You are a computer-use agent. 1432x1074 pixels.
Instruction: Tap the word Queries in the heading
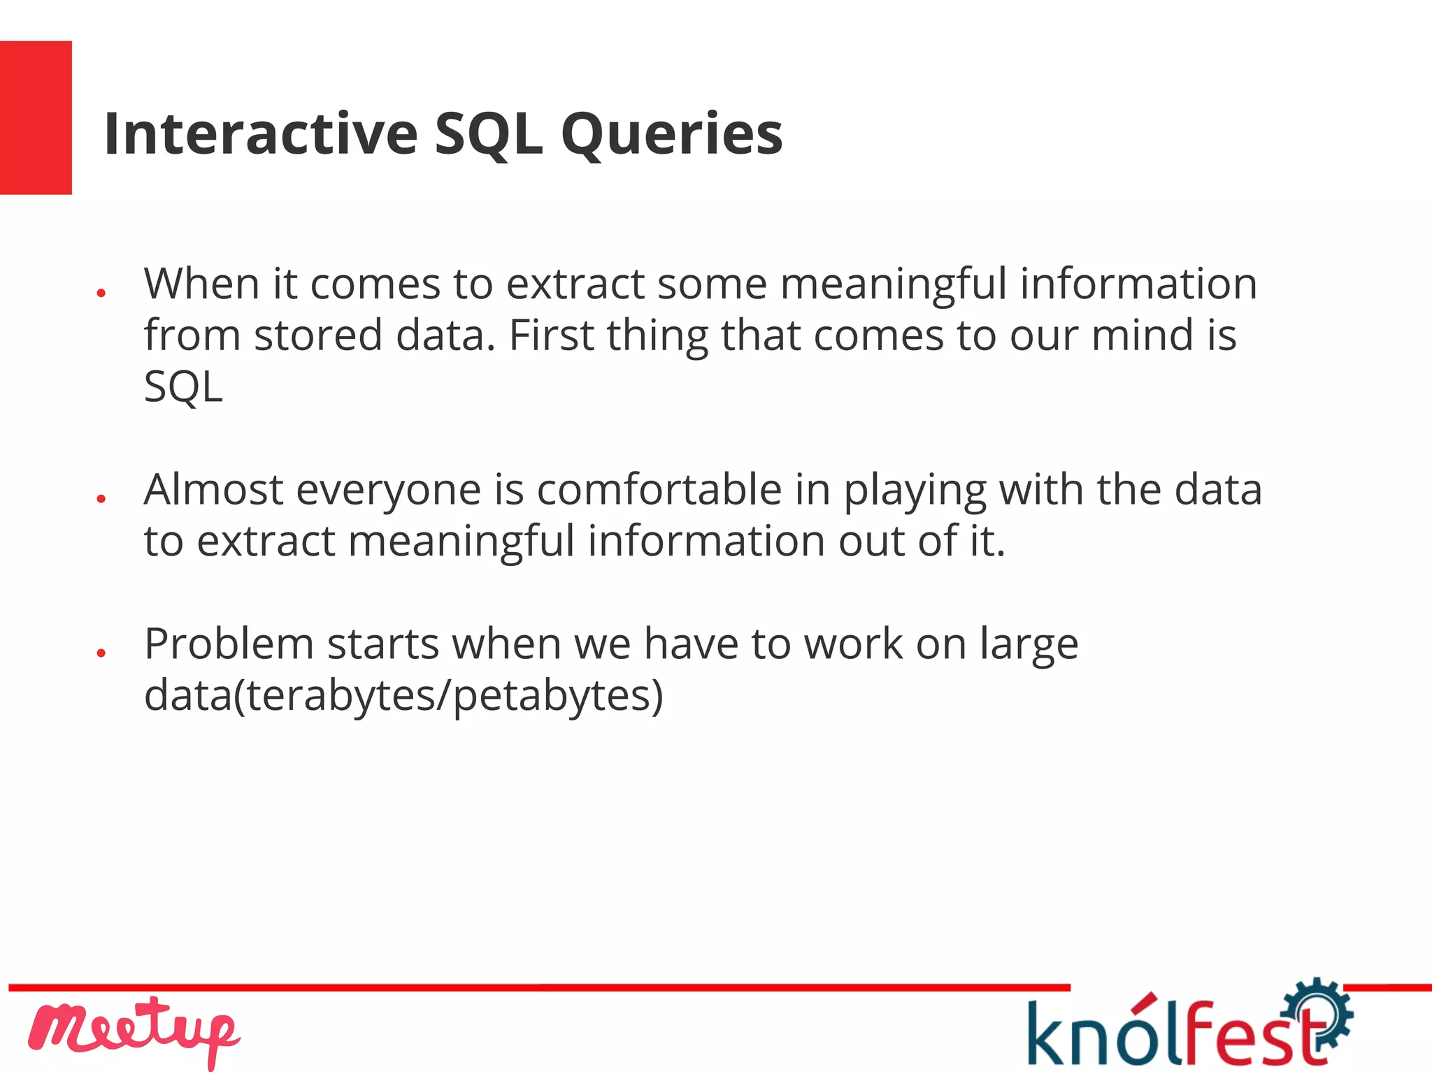(671, 135)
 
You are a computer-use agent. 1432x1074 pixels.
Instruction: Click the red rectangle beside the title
(36, 117)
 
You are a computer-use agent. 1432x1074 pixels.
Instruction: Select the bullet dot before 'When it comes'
(101, 293)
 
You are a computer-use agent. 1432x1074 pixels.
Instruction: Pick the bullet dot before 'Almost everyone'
(101, 498)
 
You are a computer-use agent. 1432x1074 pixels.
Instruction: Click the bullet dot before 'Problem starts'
(101, 653)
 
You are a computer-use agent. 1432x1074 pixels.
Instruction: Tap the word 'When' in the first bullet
(201, 284)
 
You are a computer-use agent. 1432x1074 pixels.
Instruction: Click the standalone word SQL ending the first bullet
(183, 386)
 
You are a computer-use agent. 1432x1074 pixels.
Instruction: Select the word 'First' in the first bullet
(551, 335)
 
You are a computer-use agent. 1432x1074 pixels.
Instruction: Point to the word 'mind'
(1142, 335)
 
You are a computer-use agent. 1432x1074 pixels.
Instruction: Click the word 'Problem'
(229, 644)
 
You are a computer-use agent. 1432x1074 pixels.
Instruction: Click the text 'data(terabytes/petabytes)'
(403, 696)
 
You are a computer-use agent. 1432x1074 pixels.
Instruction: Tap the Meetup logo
(133, 1031)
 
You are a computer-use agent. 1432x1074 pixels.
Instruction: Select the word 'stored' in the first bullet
(318, 335)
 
